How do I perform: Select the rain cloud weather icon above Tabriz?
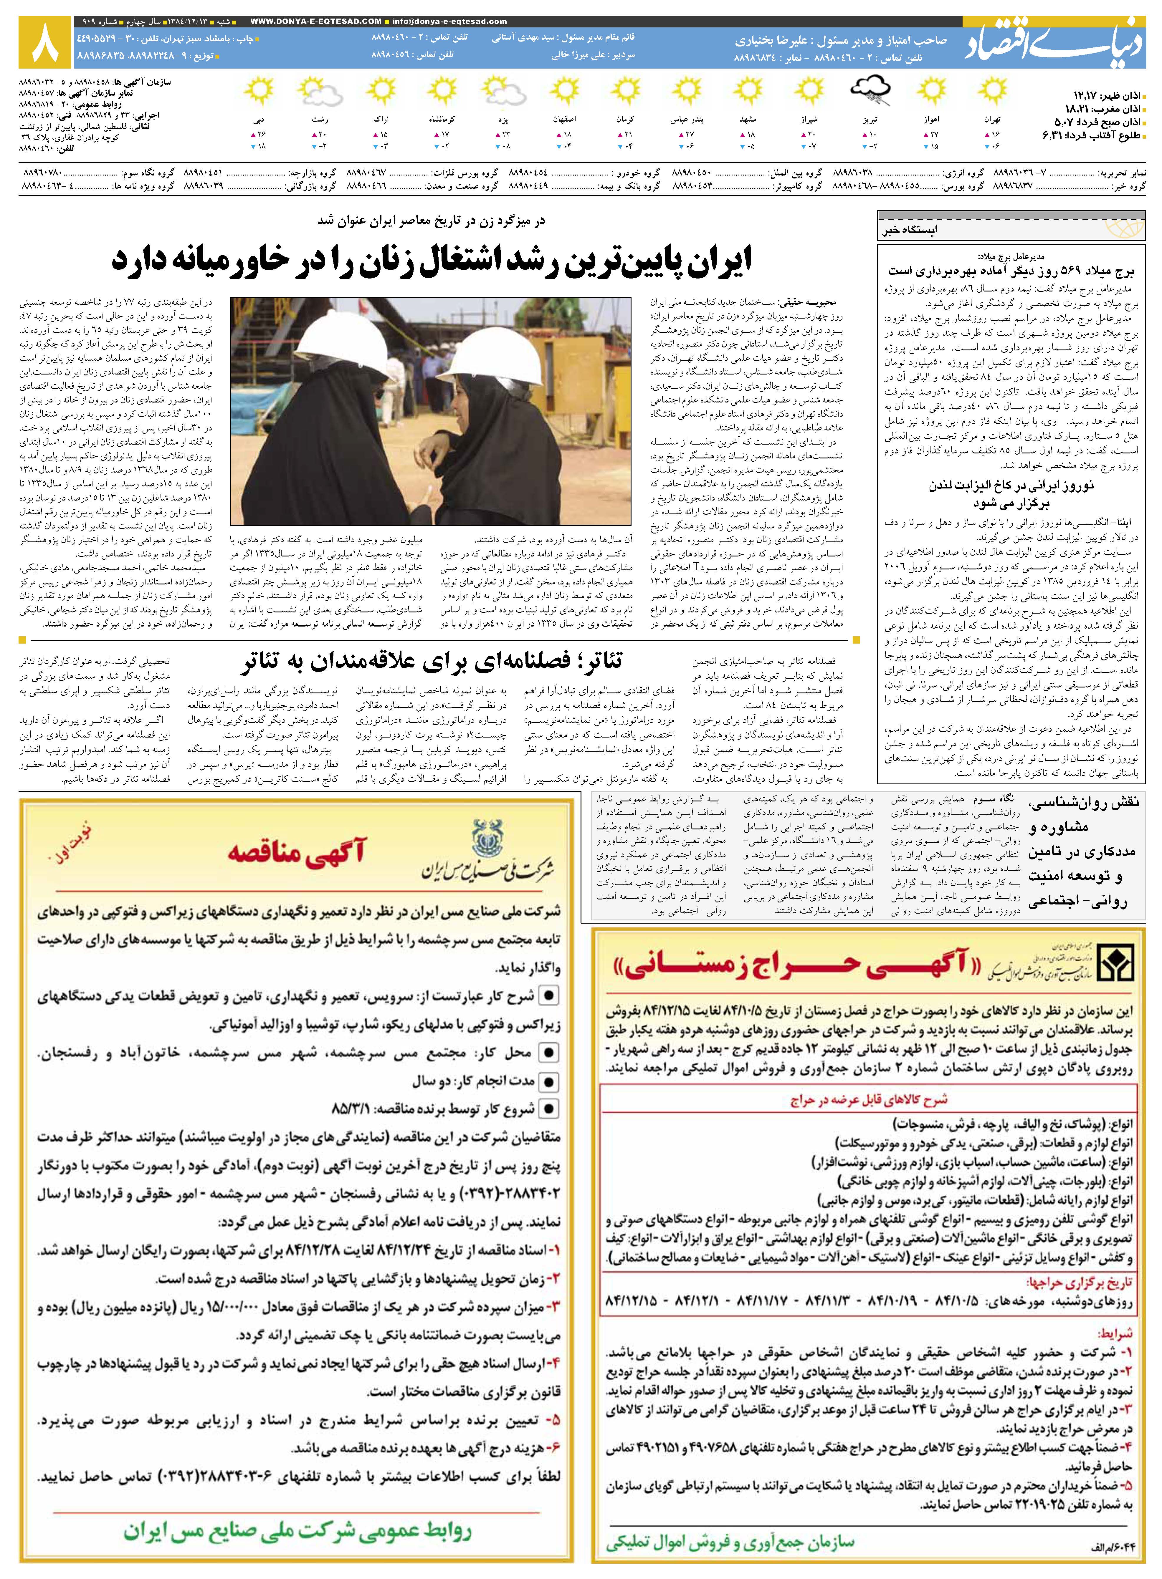(x=870, y=90)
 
